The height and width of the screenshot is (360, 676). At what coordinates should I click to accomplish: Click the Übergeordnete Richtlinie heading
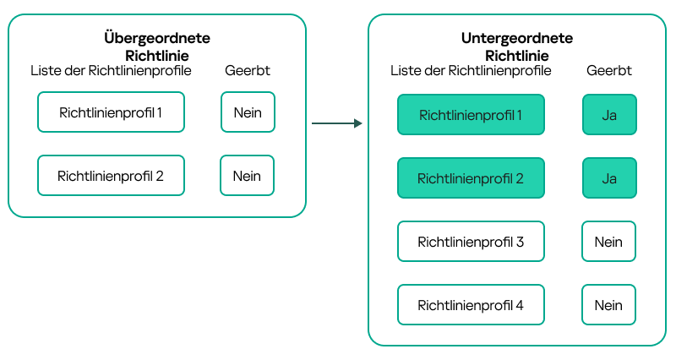(156, 46)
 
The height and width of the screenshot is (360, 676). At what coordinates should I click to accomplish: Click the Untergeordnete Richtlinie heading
(516, 46)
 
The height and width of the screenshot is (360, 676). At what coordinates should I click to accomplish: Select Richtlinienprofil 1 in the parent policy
(111, 112)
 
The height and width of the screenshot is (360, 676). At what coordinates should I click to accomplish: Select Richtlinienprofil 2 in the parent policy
(111, 176)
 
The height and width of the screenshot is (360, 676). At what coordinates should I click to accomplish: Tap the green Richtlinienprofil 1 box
(471, 115)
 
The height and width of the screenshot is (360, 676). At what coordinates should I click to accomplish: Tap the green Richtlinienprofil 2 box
(471, 178)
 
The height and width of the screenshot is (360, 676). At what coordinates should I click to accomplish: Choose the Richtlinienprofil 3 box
(471, 242)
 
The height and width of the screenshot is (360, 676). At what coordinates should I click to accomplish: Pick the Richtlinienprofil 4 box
(471, 305)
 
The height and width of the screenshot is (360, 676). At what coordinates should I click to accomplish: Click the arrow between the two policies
(336, 123)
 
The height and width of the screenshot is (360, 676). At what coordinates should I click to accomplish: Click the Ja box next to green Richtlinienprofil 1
(608, 115)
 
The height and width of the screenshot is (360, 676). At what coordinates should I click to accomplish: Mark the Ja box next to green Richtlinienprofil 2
(608, 178)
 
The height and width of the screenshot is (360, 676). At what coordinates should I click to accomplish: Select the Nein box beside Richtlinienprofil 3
(608, 242)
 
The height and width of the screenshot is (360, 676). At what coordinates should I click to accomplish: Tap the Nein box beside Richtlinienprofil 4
(608, 305)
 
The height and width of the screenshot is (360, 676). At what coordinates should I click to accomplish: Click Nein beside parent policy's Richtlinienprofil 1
(248, 112)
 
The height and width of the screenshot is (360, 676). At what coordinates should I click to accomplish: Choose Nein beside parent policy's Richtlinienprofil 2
(247, 176)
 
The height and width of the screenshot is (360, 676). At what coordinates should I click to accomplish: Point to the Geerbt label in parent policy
(248, 71)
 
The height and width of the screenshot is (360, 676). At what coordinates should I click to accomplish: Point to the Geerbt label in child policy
(608, 71)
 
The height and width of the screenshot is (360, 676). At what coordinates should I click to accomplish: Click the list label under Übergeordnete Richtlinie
(111, 71)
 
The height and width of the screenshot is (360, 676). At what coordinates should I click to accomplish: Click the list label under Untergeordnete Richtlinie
(471, 71)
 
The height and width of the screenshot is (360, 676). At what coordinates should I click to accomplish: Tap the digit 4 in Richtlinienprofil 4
(520, 305)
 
